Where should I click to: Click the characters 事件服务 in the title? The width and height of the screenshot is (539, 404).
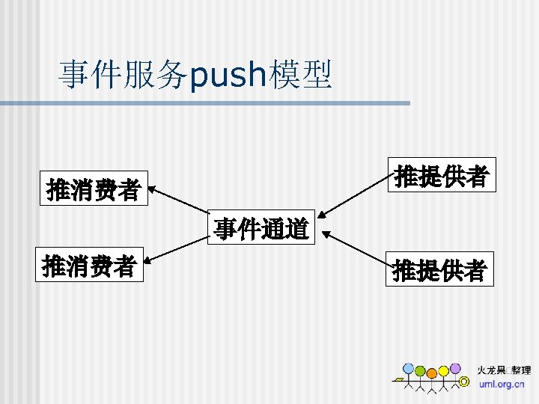[123, 75]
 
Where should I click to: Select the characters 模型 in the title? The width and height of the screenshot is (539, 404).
[301, 75]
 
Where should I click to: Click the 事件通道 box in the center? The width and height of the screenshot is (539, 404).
[261, 229]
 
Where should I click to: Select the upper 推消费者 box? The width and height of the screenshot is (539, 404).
[94, 189]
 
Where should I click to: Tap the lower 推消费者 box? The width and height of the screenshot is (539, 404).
[89, 265]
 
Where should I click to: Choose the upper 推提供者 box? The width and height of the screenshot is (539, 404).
[442, 177]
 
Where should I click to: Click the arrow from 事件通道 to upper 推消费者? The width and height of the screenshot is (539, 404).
[179, 203]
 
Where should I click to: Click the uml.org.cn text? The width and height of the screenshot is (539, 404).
[502, 384]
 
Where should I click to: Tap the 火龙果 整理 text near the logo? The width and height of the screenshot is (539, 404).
[504, 370]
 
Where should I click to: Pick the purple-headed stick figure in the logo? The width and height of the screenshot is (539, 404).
[455, 368]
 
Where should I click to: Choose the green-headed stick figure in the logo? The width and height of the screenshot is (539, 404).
[420, 372]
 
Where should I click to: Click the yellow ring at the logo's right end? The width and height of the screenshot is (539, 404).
[464, 382]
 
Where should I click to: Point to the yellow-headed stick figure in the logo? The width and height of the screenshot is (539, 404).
[443, 371]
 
